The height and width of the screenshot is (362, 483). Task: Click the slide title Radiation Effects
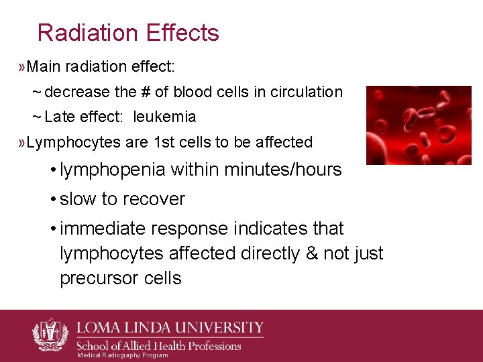[x=128, y=33]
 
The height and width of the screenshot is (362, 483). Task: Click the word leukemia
[x=164, y=117]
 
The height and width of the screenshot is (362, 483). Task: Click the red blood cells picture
[x=418, y=125]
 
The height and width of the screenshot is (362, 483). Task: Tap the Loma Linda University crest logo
[x=50, y=334]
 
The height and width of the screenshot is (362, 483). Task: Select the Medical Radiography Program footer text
[x=122, y=355]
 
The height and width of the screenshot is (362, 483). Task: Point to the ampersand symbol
[x=312, y=253]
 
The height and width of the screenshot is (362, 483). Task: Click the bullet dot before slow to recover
[x=52, y=200]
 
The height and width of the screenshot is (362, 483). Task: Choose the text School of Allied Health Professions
[x=158, y=346]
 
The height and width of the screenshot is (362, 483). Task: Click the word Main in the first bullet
[x=43, y=67]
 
